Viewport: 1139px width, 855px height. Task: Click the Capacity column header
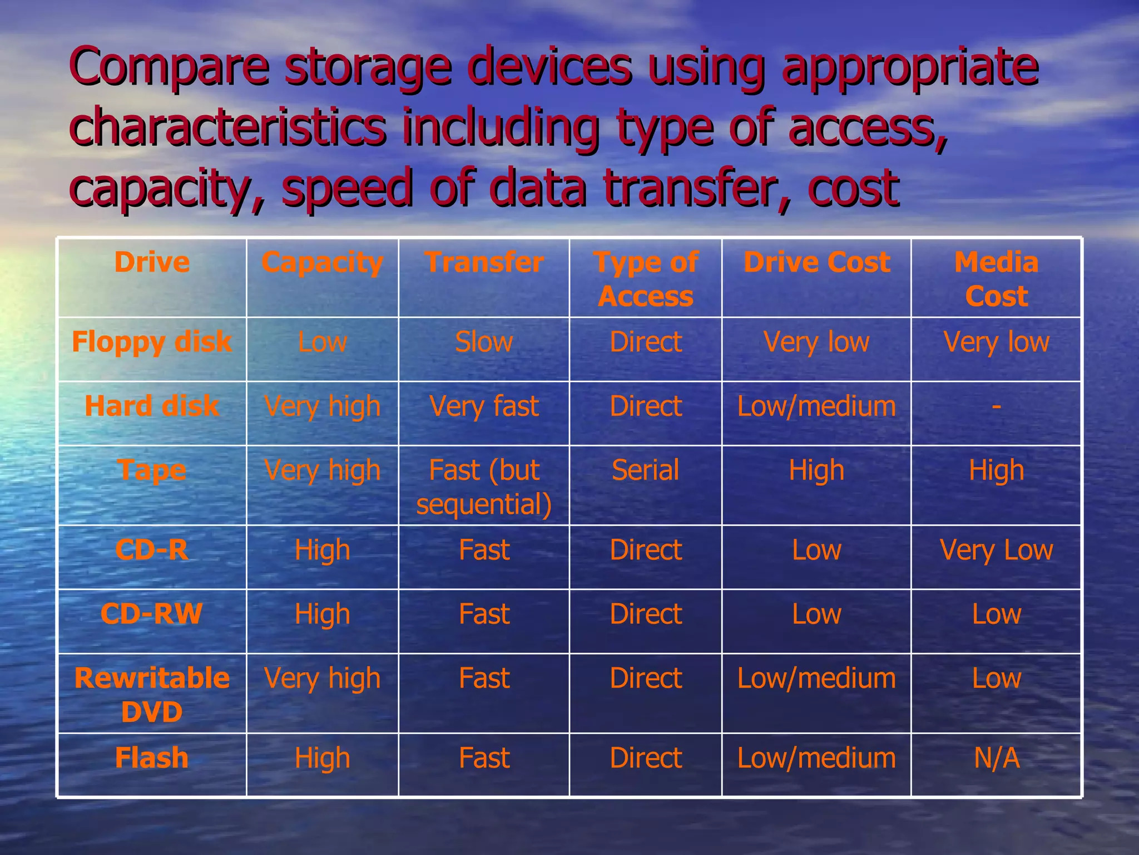(x=322, y=262)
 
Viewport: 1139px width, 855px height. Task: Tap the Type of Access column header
(x=646, y=279)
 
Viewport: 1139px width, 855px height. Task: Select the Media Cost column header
(x=996, y=279)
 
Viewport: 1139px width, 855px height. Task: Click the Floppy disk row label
(x=152, y=341)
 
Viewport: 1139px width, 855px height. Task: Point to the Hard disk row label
(x=152, y=406)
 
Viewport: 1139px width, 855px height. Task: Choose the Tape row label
(x=152, y=470)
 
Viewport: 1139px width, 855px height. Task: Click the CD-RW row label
(x=152, y=614)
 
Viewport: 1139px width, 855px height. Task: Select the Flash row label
(x=152, y=758)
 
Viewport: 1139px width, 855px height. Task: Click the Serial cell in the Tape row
(x=646, y=470)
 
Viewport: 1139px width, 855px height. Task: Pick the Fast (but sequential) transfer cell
(x=484, y=487)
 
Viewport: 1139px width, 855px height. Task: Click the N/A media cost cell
(x=996, y=758)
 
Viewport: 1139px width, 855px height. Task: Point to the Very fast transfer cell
(x=484, y=406)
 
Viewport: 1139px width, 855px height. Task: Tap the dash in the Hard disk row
(x=996, y=406)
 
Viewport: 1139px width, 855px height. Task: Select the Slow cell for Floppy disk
(x=484, y=341)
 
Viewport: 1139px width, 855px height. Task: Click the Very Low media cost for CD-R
(x=996, y=550)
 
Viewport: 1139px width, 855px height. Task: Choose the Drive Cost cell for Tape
(x=816, y=470)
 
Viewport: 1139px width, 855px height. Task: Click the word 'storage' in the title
(x=368, y=67)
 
